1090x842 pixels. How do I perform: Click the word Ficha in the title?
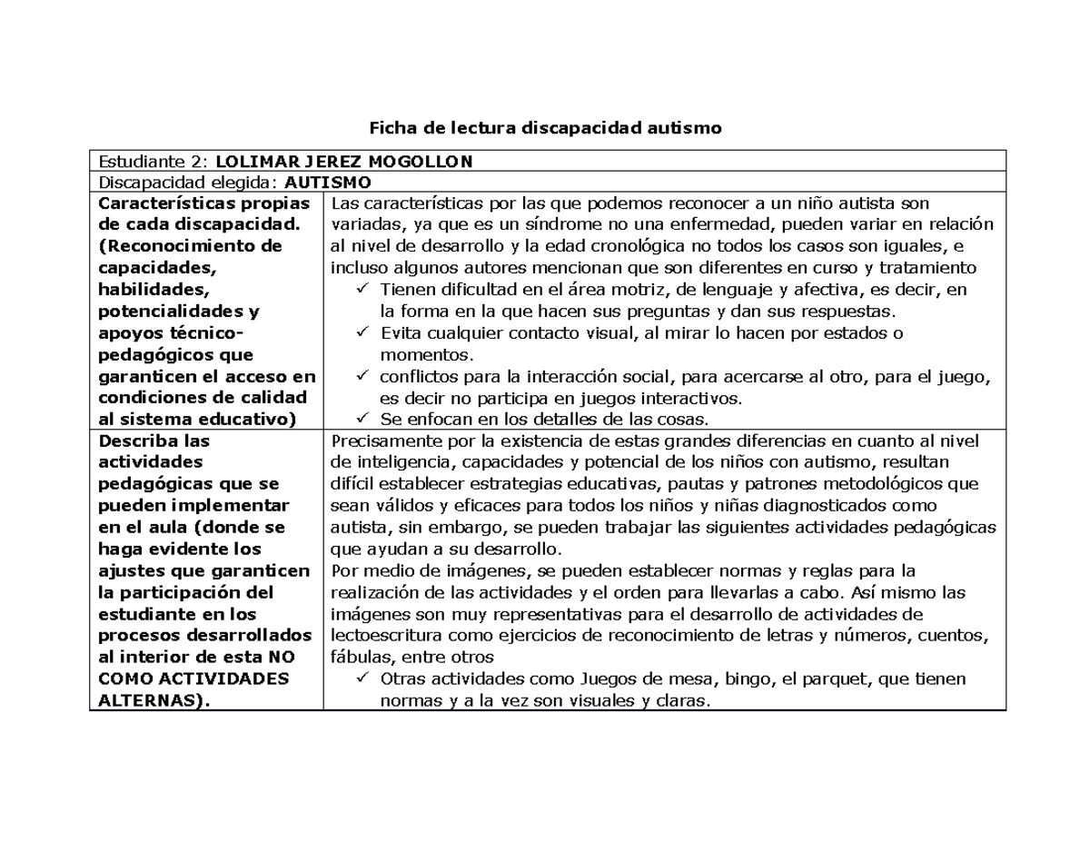coord(389,128)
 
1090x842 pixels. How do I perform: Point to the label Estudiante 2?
coord(153,162)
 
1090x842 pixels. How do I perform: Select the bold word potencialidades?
coord(167,312)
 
